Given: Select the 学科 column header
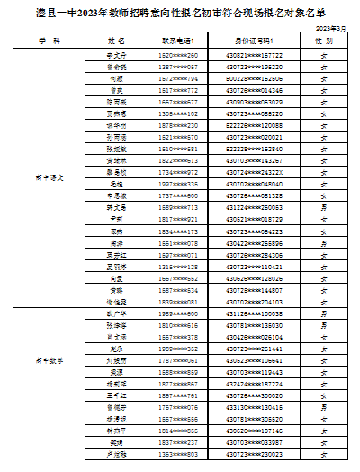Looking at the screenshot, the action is tap(49, 41).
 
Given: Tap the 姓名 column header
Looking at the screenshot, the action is tap(116, 41).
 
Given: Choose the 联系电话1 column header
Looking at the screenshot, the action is tap(178, 41).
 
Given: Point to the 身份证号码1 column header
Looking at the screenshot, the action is tap(253, 41).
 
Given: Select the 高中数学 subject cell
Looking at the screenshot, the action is tap(49, 358).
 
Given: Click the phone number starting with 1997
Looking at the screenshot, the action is tap(178, 183).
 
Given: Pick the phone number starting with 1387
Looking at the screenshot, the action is tap(178, 67).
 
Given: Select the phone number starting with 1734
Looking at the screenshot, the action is tap(178, 171).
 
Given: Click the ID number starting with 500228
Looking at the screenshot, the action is tap(253, 79).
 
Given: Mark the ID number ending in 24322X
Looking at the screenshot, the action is tap(253, 171).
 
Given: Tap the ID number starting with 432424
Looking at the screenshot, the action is tap(253, 383).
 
